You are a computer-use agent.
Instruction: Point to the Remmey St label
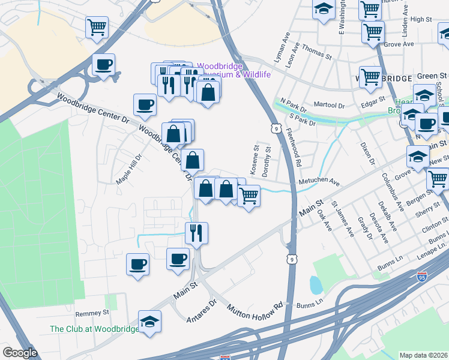tap(92, 313)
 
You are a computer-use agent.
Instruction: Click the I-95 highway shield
tap(422, 277)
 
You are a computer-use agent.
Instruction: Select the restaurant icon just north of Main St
tap(196, 233)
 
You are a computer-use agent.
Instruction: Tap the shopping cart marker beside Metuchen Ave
tap(249, 194)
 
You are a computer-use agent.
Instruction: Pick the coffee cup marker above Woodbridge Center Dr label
tap(145, 105)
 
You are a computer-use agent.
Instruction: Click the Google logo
tap(20, 353)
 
